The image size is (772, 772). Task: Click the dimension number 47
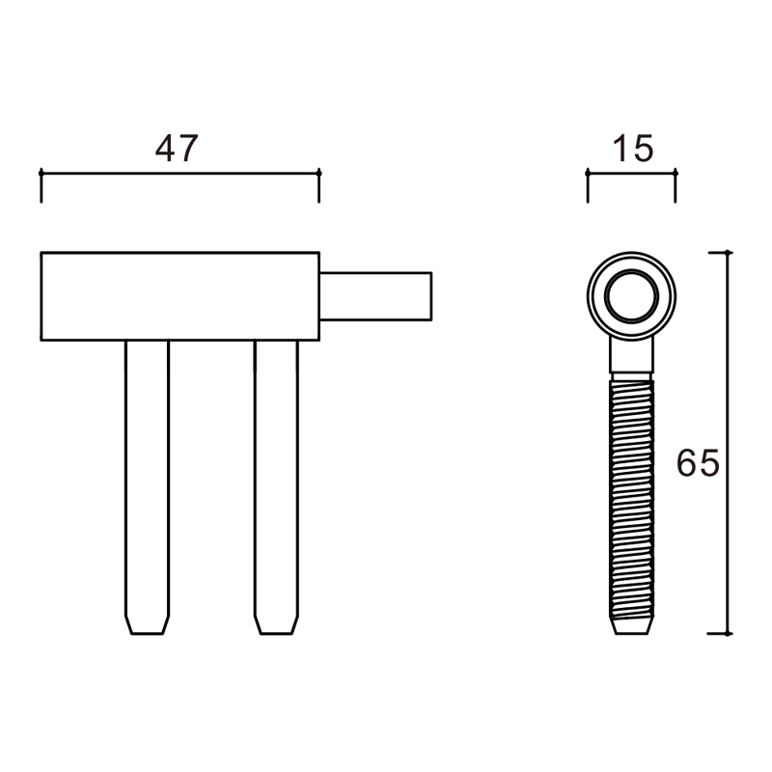point(177,148)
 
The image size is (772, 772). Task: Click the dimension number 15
point(633,148)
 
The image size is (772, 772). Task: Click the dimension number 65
point(698,463)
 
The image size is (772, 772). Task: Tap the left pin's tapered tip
point(148,624)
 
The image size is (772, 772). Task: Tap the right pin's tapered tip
point(276,624)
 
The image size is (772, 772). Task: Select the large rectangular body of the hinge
point(180,296)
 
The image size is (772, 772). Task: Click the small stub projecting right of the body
point(375,296)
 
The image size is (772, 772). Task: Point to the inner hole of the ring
point(631,297)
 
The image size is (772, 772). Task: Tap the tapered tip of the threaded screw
point(632,626)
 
